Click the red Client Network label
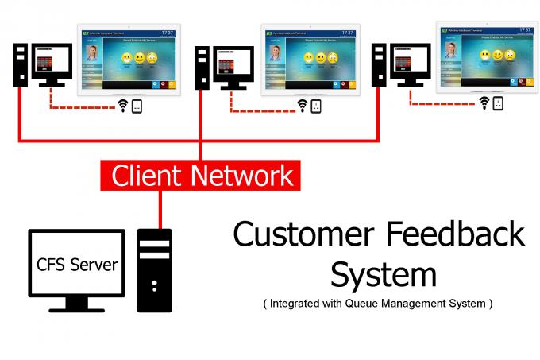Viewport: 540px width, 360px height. (201, 175)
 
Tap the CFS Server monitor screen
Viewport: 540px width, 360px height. (76, 265)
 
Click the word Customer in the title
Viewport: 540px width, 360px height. (301, 236)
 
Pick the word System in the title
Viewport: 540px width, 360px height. (383, 274)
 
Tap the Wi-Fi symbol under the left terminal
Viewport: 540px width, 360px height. (123, 106)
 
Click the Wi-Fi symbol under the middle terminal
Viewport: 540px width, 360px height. (303, 106)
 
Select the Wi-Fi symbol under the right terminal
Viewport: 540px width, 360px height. (484, 103)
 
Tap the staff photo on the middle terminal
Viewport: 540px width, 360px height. (276, 52)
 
